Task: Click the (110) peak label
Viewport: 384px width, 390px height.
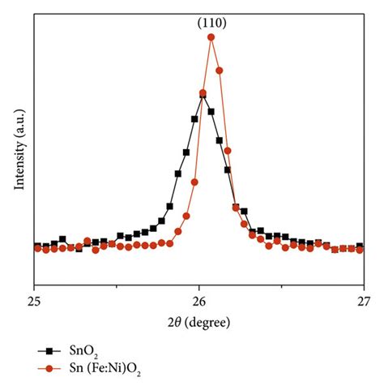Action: (211, 23)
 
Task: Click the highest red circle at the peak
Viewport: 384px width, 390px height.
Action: (211, 37)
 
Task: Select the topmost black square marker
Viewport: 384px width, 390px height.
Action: (202, 95)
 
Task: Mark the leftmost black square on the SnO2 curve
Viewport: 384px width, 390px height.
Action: (37, 246)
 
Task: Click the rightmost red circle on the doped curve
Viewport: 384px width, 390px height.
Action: (360, 249)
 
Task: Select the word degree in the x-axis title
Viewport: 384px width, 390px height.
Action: (210, 322)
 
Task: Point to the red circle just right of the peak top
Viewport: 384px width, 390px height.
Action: (220, 71)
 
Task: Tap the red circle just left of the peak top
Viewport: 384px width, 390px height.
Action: (203, 92)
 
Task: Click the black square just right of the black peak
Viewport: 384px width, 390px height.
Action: (211, 112)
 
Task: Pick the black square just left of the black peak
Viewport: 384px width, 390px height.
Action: (194, 119)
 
